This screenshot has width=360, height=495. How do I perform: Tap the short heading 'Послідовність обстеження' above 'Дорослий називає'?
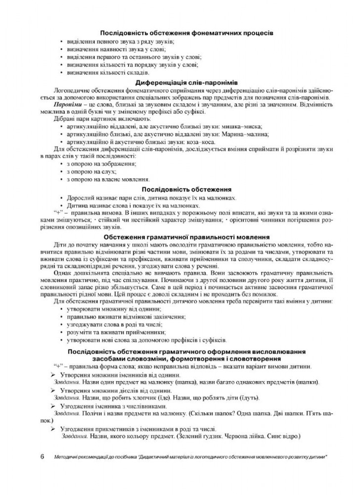coord(180,189)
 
